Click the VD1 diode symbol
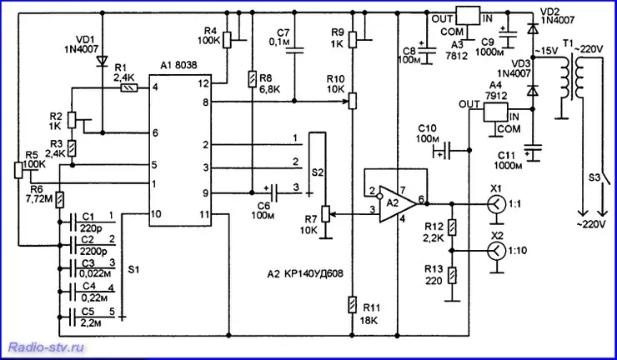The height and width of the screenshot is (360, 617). pos(103,61)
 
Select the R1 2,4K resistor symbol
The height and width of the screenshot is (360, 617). pos(129,88)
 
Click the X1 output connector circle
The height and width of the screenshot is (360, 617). pos(496,204)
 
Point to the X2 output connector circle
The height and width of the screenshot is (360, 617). pos(496,251)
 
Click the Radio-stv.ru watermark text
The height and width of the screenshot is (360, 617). pos(47,347)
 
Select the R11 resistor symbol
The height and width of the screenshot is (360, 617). pos(353,304)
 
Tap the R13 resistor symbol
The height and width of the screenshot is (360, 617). pos(453,275)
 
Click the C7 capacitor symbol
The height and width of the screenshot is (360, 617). pos(294,50)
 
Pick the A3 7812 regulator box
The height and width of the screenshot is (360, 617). pos(468,16)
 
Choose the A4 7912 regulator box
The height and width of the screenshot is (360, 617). pos(495,112)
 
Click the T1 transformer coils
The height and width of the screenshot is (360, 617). pos(572,77)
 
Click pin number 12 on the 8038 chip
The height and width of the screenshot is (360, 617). pos(205,83)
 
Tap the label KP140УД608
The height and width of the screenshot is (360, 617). pos(311,274)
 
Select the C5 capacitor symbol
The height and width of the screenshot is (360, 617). pos(73,317)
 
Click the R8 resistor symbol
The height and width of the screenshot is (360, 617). pos(253,77)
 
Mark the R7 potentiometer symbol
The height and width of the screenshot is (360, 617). pos(326,214)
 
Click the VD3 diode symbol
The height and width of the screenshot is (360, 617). pos(533,90)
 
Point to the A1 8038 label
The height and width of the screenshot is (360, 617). pos(178,66)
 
